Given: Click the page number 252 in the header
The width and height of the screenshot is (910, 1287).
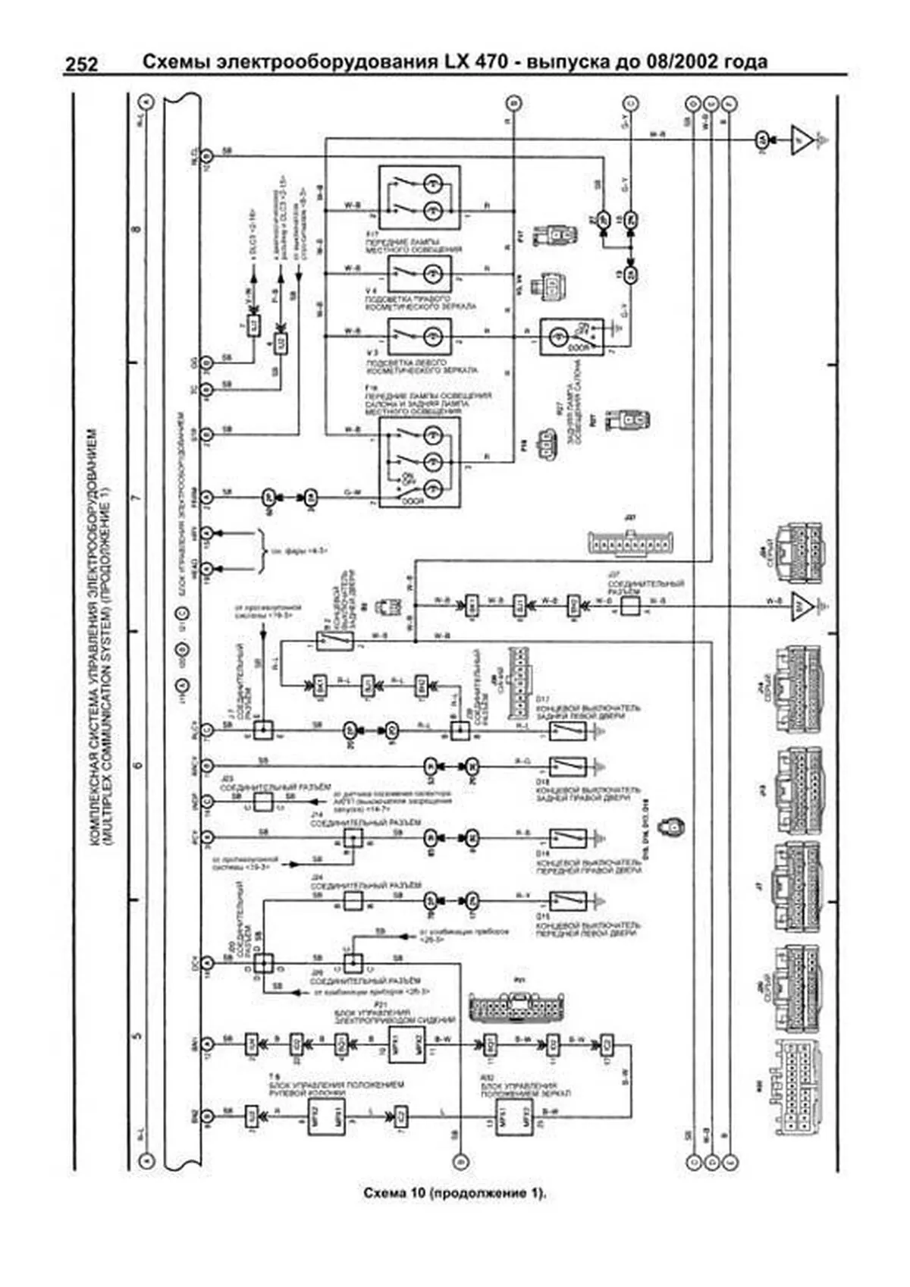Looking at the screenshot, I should tap(81, 64).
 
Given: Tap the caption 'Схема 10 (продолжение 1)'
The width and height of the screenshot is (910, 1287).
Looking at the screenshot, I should tap(454, 1193).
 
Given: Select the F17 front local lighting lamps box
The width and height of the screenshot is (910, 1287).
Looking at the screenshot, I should tap(419, 197).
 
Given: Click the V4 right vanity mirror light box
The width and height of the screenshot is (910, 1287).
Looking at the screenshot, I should tap(419, 274).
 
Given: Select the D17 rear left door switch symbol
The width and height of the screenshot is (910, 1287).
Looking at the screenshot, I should tap(568, 730).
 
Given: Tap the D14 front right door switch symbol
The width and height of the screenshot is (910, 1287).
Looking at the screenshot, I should tap(568, 837).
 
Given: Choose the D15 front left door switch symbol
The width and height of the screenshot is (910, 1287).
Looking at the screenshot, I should tap(568, 901).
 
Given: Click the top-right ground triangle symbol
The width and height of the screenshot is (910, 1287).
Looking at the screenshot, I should tap(803, 140).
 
